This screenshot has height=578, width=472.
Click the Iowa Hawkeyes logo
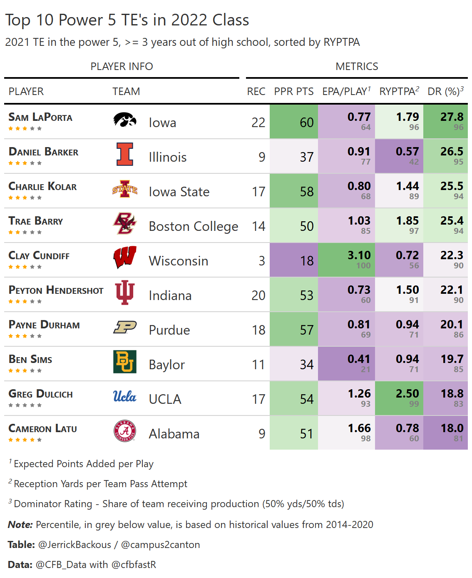pyautogui.click(x=124, y=120)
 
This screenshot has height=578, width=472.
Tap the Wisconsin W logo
pyautogui.click(x=124, y=258)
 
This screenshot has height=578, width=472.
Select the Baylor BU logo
pyautogui.click(x=124, y=361)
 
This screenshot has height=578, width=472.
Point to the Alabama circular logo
pyautogui.click(x=124, y=431)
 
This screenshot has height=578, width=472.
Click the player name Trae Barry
pyautogui.click(x=36, y=221)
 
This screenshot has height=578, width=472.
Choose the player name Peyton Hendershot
pyautogui.click(x=56, y=290)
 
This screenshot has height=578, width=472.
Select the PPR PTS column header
pyautogui.click(x=293, y=91)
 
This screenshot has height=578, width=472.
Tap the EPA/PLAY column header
pyautogui.click(x=346, y=91)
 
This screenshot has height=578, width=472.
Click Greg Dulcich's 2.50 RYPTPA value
pyautogui.click(x=407, y=394)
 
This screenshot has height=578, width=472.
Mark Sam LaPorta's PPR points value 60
pyautogui.click(x=307, y=122)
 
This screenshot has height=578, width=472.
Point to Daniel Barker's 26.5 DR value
pyautogui.click(x=452, y=152)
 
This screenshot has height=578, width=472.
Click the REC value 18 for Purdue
pyautogui.click(x=258, y=330)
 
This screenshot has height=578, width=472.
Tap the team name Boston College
pyautogui.click(x=194, y=226)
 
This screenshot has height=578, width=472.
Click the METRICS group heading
pyautogui.click(x=357, y=66)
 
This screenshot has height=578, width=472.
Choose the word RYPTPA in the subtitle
pyautogui.click(x=341, y=42)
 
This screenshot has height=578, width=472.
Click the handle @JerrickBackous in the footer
pyautogui.click(x=75, y=545)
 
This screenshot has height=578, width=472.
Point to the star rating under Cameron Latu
pyautogui.click(x=25, y=440)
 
